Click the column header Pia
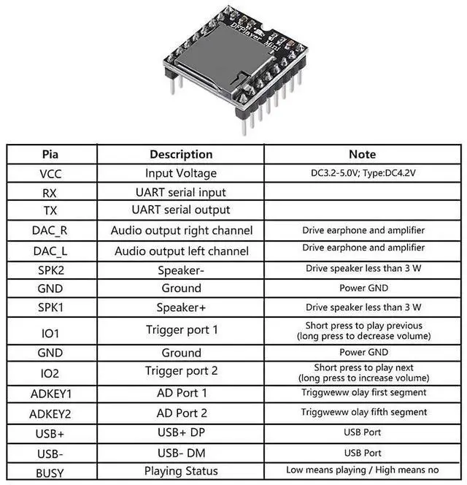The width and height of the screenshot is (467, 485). [x=50, y=154]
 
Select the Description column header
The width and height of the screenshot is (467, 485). [x=181, y=154]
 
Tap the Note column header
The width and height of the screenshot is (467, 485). [x=363, y=154]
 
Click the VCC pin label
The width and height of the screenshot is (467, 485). [x=50, y=174]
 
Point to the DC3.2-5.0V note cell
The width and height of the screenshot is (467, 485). [x=363, y=174]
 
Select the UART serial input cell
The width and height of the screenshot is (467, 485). [x=181, y=192]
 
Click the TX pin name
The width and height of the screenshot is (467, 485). [x=50, y=210]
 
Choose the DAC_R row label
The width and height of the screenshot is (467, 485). [x=50, y=230]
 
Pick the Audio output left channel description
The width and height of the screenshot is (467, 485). [x=181, y=251]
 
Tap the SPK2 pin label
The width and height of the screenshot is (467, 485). [x=50, y=269]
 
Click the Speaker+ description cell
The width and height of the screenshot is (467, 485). [x=181, y=306]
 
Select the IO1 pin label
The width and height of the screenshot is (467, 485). [x=50, y=332]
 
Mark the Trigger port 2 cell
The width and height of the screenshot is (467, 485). [x=181, y=371]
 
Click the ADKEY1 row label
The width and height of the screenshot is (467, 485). [x=50, y=394]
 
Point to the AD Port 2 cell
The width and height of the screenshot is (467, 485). [x=181, y=413]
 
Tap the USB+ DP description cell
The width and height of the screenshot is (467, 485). [x=181, y=432]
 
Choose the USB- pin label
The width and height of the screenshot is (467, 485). [x=50, y=452]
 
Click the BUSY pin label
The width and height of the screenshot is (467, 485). [x=50, y=471]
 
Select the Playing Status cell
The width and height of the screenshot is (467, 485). [x=181, y=471]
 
